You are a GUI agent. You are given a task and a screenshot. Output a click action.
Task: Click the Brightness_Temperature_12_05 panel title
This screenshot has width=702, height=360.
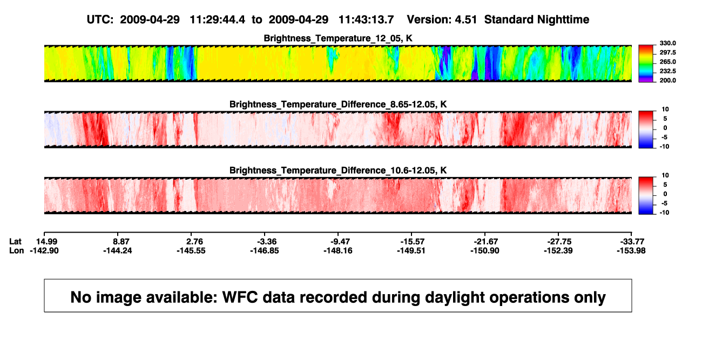point(338,38)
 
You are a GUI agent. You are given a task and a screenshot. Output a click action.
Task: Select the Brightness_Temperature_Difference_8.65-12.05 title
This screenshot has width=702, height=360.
point(338,104)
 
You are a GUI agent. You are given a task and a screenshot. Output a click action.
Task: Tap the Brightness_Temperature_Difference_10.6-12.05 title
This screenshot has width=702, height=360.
point(338,171)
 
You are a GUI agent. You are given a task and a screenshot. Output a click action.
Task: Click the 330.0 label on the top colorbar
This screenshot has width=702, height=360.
point(667,43)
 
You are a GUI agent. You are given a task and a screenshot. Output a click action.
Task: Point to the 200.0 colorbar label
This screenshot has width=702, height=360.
point(667,80)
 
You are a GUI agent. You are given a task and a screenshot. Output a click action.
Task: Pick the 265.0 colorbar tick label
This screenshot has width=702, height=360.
point(667,62)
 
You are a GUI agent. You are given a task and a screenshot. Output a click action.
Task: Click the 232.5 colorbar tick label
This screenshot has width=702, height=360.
point(667,71)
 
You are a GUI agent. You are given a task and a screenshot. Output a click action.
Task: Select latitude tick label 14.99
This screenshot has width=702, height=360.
point(46,242)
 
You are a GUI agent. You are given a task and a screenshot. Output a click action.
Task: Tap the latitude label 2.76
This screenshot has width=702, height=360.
point(194,242)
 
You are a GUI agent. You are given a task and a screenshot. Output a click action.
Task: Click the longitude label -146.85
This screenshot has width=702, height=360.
point(265,250)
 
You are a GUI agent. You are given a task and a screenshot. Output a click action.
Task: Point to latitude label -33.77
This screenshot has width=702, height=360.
point(632,242)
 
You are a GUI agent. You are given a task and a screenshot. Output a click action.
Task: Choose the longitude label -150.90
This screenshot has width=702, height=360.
point(485,250)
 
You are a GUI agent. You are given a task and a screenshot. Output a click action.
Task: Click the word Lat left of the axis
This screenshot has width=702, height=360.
point(15,242)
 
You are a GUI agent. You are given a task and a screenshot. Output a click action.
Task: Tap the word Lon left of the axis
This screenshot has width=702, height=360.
point(17,250)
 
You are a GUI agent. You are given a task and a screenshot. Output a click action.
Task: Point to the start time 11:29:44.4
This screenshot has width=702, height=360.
point(218,19)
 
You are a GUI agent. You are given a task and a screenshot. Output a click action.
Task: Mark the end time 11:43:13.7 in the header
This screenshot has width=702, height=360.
point(366,19)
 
